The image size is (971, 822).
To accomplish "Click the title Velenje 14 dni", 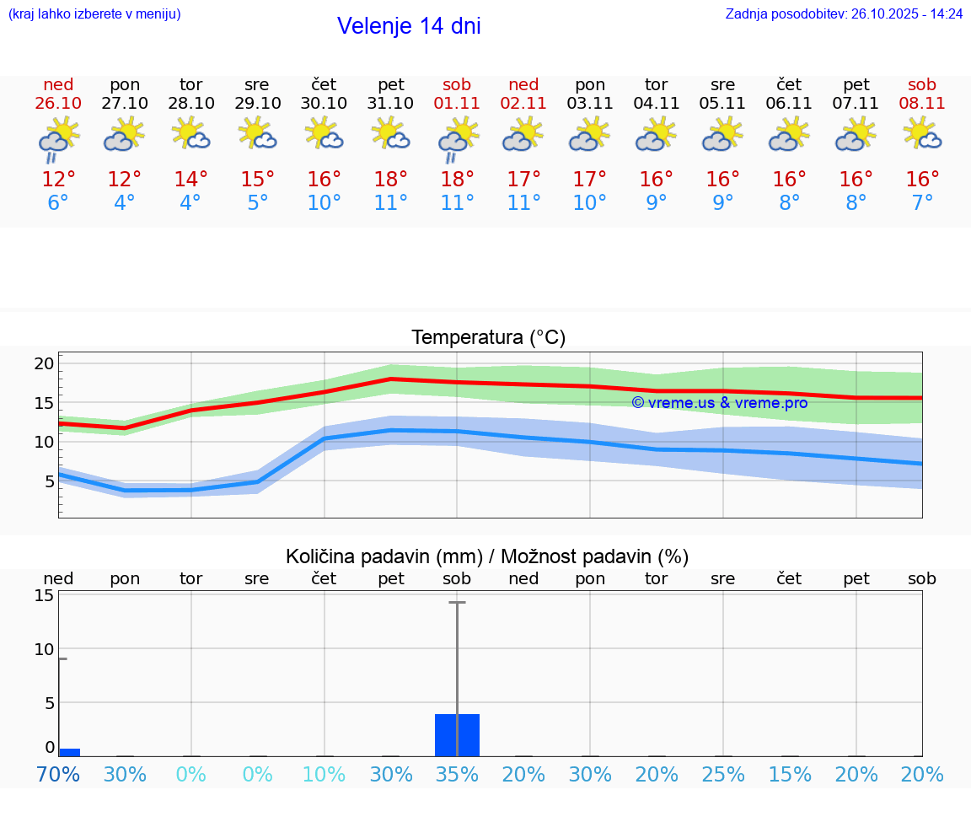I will [409, 26].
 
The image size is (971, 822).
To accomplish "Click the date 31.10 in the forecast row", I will [390, 104].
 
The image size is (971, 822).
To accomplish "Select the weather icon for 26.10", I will [58, 138].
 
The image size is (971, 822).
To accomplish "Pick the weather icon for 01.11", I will [457, 138].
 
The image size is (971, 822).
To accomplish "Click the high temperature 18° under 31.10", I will [390, 179].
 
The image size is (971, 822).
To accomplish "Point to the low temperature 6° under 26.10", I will [58, 202].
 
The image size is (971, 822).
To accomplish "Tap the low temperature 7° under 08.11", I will [922, 202].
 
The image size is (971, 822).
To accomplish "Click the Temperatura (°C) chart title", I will [488, 338].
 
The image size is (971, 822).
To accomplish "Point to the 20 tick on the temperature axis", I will [44, 363].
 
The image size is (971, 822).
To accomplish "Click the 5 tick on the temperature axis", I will [49, 481].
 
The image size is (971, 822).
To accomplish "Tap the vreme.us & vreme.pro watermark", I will [720, 403].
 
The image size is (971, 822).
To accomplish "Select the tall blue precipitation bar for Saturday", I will [457, 735].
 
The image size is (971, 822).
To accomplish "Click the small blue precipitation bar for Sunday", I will [70, 752].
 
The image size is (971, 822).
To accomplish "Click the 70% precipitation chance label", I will [58, 774].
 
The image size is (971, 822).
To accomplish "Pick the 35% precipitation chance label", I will [457, 774].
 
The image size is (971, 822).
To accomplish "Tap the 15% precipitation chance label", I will [790, 774].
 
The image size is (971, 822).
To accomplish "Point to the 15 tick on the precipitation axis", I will [44, 595].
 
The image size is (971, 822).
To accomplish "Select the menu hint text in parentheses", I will [94, 14].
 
